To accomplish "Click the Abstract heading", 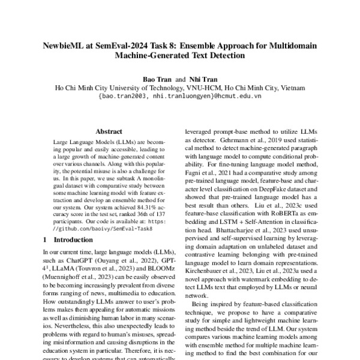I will (110, 131).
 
